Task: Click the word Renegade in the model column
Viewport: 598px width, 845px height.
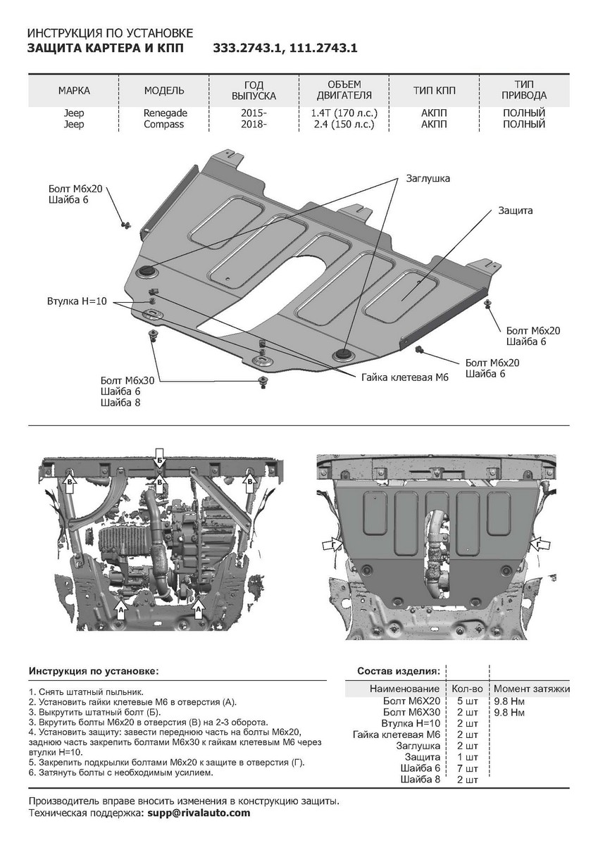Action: click(166, 113)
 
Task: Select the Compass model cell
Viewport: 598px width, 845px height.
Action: click(164, 125)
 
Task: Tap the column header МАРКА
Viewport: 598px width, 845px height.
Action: click(74, 91)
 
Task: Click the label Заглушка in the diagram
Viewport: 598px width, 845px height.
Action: click(428, 179)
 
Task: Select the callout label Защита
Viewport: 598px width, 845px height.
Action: click(516, 211)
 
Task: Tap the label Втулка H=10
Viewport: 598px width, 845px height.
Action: click(76, 301)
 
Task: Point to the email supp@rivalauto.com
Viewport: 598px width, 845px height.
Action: click(198, 813)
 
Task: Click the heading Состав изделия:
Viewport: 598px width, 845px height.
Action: click(399, 671)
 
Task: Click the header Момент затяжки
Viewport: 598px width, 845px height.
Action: click(531, 689)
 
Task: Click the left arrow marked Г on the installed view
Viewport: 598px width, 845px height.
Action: click(328, 546)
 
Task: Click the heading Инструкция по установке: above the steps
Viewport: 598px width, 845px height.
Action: click(94, 671)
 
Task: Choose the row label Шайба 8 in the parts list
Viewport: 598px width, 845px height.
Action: click(420, 780)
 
